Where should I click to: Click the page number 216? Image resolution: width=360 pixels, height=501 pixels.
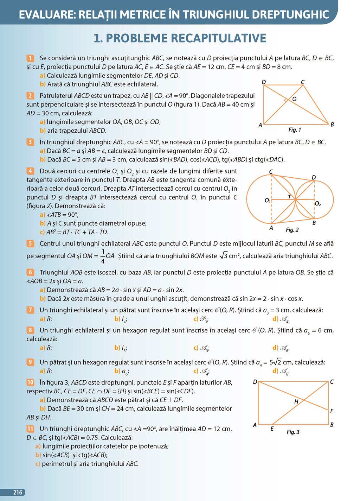(x=18, y=492)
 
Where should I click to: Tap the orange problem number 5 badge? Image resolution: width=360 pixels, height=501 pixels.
(x=30, y=243)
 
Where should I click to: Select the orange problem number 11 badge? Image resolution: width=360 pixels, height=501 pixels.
(x=30, y=429)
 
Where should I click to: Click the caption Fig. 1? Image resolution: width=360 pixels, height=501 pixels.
(x=295, y=130)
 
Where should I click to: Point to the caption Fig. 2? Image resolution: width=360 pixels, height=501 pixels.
(x=292, y=230)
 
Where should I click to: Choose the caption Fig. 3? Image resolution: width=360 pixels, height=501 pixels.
(x=293, y=432)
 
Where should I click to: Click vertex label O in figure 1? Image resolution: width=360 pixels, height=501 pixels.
(x=294, y=99)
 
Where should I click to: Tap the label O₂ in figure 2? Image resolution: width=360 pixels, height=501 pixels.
(x=318, y=204)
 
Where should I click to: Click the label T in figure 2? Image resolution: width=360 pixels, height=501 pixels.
(x=289, y=197)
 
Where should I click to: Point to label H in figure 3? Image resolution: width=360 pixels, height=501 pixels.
(x=296, y=401)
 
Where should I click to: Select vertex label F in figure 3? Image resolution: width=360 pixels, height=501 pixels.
(x=332, y=411)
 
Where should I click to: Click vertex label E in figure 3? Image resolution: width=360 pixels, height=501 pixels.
(x=272, y=429)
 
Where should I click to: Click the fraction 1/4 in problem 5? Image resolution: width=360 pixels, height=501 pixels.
(x=103, y=256)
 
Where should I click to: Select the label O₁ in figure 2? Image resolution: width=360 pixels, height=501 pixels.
(x=268, y=201)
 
